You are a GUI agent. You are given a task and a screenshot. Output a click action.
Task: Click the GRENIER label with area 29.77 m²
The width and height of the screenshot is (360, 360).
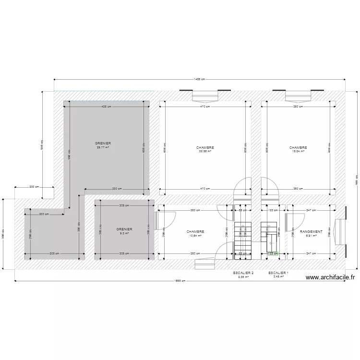pos(103,144)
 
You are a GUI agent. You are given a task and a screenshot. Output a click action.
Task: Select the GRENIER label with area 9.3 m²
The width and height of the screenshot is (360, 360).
pos(124,229)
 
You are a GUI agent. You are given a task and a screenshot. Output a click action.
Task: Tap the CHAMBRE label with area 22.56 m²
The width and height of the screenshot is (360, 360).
pos(205,148)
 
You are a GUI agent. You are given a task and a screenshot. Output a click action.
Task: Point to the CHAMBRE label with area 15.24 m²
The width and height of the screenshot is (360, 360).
pos(298,148)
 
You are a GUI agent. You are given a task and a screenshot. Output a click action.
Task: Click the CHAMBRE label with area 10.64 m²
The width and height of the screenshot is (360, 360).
pos(195,231)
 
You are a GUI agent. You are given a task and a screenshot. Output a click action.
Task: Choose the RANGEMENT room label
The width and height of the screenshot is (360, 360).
pos(311,231)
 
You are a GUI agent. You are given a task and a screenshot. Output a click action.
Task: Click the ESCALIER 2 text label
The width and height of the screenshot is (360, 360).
pos(243,273)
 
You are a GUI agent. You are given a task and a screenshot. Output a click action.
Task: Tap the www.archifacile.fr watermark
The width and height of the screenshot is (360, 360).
pos(330,277)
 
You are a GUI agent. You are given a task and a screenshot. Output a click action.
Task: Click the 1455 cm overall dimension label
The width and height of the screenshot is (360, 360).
pos(200,80)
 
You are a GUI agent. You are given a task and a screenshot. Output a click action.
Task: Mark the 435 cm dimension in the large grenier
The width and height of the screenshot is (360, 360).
pos(107,107)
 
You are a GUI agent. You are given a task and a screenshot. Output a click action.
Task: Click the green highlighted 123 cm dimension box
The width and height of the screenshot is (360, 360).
pos(273,253)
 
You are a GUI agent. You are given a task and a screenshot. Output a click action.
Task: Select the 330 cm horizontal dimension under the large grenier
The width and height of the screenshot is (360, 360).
pos(117,189)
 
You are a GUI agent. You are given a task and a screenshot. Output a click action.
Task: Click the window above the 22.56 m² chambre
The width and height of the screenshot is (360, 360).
pos(205,96)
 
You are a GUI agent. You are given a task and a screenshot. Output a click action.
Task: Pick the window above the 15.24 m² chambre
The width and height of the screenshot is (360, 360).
pos(298,96)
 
